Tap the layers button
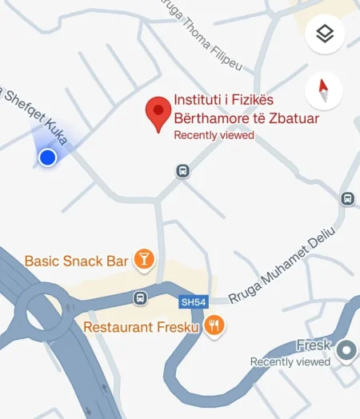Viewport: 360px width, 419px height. [x=325, y=34]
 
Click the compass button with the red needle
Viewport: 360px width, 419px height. [x=325, y=92]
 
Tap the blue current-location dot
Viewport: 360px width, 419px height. [x=48, y=158]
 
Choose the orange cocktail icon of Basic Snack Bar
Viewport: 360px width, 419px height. [x=143, y=258]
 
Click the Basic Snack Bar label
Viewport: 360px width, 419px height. [x=77, y=261]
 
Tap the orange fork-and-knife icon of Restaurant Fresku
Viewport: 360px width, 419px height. [x=214, y=325]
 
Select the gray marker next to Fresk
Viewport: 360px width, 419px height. [x=346, y=349]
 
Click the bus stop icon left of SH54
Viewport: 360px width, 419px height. [x=141, y=298]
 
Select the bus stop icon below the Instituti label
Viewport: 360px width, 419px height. [x=183, y=171]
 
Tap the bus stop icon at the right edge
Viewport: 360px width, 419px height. [x=347, y=198]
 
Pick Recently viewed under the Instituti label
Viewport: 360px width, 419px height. [x=214, y=135]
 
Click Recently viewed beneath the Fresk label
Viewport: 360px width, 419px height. [x=290, y=361]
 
